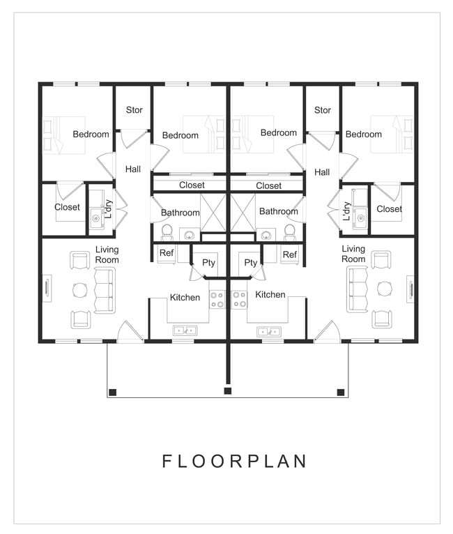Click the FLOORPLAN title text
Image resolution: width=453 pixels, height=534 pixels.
click(x=234, y=461)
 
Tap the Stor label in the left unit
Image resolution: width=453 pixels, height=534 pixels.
click(x=134, y=110)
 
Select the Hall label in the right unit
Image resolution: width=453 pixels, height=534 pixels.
click(x=321, y=172)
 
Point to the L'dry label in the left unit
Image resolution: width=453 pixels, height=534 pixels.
click(x=109, y=209)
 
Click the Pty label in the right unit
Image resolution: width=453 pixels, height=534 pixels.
click(x=250, y=263)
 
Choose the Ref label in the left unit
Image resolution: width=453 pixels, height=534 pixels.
click(x=166, y=253)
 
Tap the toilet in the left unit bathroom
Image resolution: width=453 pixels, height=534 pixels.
click(x=167, y=231)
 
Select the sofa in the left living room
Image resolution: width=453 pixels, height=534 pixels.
click(x=105, y=290)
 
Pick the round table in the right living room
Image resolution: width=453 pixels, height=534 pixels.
click(x=384, y=289)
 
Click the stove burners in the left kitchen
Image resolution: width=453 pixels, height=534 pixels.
click(x=217, y=300)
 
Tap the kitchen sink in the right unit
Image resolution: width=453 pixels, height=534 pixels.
click(x=268, y=331)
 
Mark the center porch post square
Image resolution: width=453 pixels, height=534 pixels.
click(x=227, y=391)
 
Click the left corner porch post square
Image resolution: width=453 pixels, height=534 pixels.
click(x=114, y=392)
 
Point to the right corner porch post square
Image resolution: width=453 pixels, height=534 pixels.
click(x=341, y=392)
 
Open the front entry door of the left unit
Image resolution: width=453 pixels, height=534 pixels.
click(x=130, y=333)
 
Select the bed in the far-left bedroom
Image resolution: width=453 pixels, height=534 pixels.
click(x=65, y=135)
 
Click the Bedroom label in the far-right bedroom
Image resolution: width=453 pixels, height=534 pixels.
click(x=363, y=135)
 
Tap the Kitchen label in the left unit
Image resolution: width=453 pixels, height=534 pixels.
click(x=185, y=298)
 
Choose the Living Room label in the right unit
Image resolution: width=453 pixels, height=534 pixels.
click(x=353, y=254)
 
